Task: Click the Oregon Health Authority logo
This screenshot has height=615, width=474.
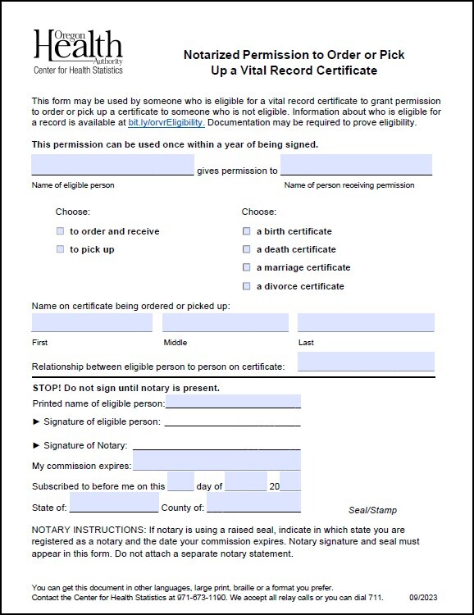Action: (77, 51)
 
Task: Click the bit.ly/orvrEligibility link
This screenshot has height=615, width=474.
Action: (166, 123)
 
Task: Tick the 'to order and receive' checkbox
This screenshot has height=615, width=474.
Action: (60, 231)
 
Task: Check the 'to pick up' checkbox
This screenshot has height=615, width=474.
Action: (60, 249)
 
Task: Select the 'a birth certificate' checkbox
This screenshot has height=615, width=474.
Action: (246, 231)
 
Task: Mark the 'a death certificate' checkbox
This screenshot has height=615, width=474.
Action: (246, 249)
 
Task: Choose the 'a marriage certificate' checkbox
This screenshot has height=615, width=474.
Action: (246, 267)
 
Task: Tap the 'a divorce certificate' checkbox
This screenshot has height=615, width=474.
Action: (246, 286)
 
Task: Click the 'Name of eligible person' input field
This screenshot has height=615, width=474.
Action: (112, 165)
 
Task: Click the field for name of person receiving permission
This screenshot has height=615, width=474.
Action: (356, 165)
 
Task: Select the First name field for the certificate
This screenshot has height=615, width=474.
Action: (92, 322)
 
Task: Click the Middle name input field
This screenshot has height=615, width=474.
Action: (225, 322)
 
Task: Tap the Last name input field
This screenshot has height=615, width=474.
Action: (365, 322)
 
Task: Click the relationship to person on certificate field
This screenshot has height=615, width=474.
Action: (365, 362)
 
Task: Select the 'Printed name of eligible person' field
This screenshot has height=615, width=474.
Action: (233, 403)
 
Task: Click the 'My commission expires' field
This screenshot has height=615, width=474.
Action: (216, 466)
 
